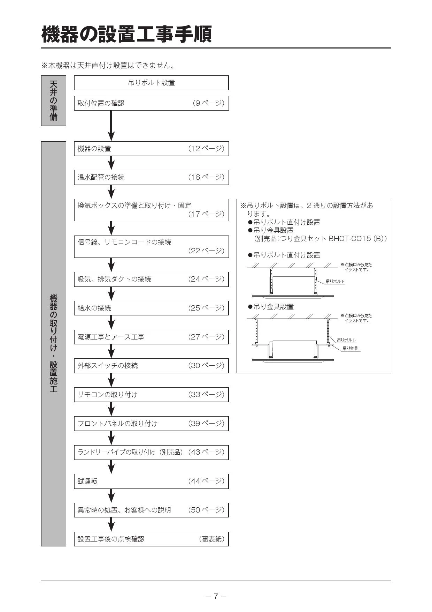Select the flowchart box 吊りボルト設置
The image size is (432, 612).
[151, 83]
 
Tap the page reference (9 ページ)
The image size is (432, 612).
[208, 103]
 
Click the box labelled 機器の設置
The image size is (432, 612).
[151, 149]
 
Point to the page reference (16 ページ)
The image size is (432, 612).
[206, 177]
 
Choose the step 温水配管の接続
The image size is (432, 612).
[101, 177]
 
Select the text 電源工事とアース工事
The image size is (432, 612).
[111, 337]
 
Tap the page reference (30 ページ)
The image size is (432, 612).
[206, 366]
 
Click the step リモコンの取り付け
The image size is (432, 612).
[107, 395]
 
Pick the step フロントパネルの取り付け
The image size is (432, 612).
[117, 424]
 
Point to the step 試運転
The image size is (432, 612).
[87, 481]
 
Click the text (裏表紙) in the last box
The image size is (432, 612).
[212, 539]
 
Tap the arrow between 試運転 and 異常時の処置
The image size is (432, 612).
[111, 496]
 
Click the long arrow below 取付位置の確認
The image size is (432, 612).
[111, 126]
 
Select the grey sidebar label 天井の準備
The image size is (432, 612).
[54, 100]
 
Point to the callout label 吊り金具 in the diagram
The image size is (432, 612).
[350, 348]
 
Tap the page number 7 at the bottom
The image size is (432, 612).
[216, 596]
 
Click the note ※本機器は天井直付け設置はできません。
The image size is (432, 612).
[108, 65]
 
